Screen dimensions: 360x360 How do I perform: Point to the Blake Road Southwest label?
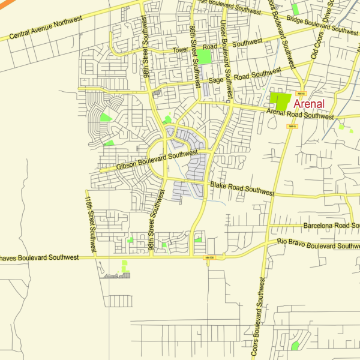click(242, 189)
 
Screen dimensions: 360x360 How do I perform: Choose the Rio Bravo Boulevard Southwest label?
click(318, 244)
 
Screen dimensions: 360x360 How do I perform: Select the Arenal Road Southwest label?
click(300, 113)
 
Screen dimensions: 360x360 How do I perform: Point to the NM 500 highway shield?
click(209, 257)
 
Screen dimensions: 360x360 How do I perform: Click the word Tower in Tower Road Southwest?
click(182, 50)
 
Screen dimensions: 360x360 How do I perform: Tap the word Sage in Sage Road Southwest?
click(215, 80)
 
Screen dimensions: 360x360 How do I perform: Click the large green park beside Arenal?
click(279, 100)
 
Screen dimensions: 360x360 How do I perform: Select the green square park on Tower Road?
click(205, 57)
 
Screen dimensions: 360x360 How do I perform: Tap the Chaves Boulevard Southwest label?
click(40, 257)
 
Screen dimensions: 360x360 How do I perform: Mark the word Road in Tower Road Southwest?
click(210, 47)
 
